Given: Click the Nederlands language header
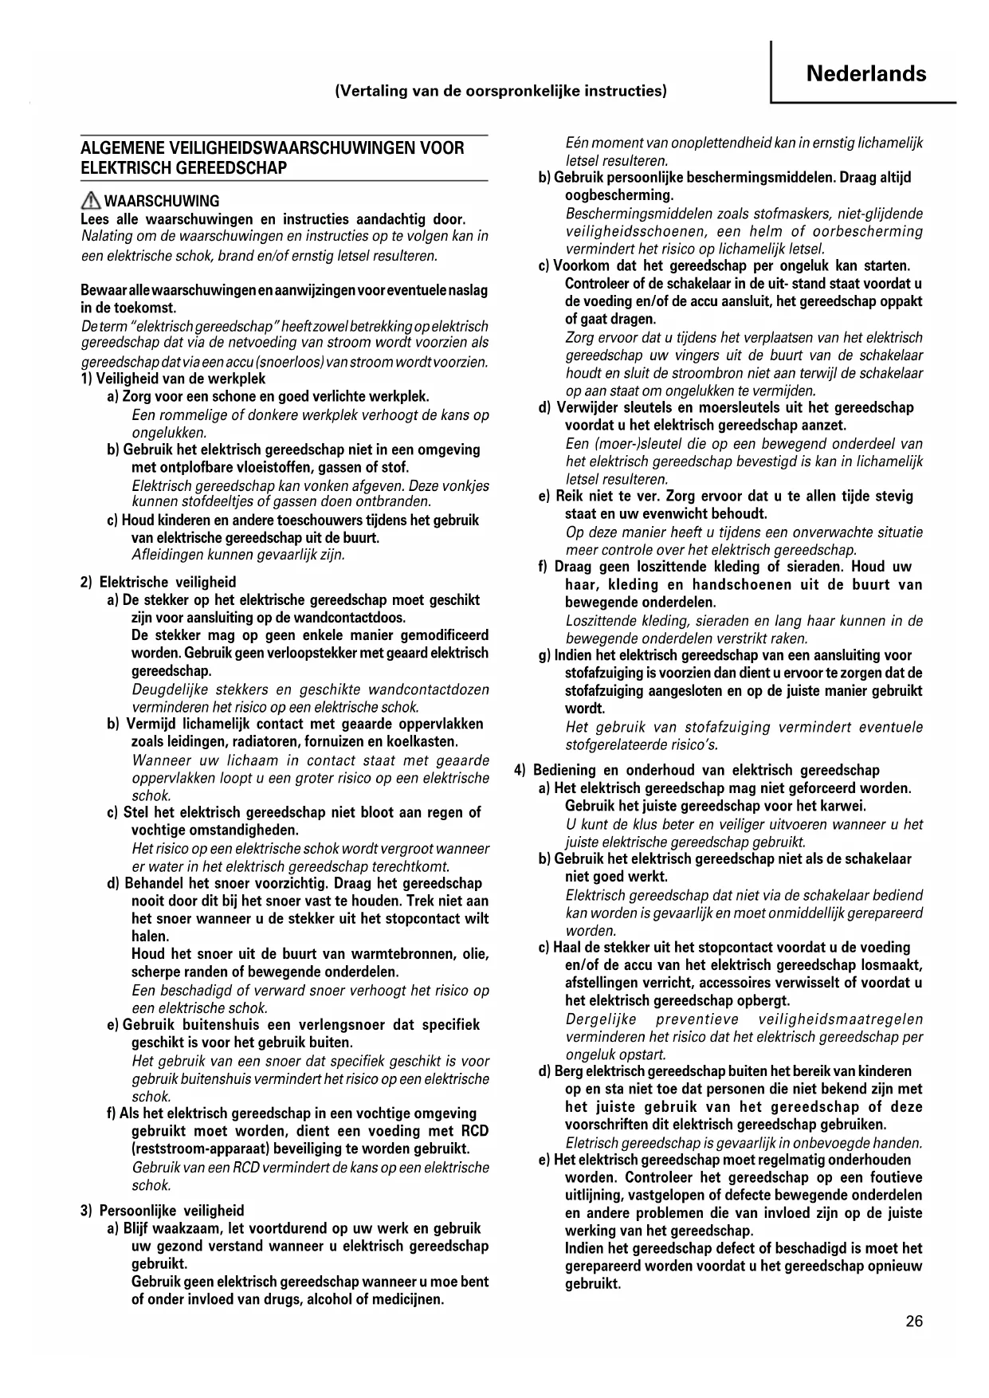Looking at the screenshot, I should click(x=865, y=74).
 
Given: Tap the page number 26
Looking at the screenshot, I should click(x=914, y=1321).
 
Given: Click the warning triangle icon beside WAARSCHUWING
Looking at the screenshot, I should click(x=91, y=201).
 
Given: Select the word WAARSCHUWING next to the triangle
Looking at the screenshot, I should click(x=162, y=201).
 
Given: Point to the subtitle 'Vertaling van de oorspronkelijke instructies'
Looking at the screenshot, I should click(x=500, y=91).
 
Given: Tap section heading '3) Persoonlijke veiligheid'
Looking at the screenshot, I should click(x=162, y=1210).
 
